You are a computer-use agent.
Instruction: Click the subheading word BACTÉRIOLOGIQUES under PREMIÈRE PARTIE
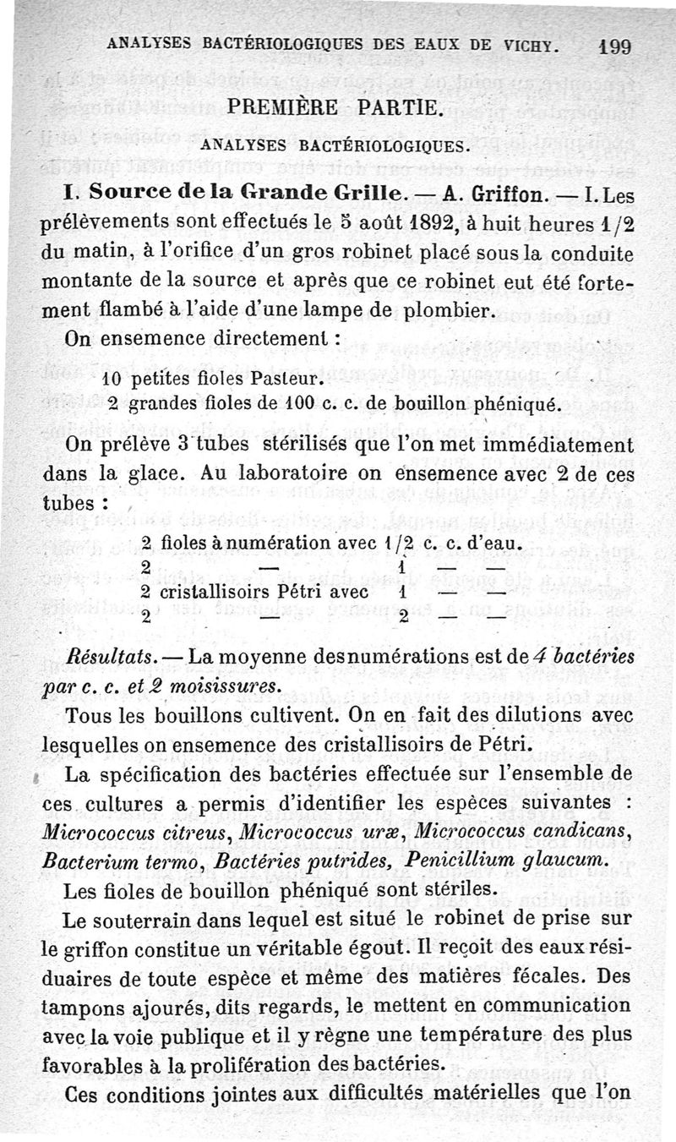[395, 145]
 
